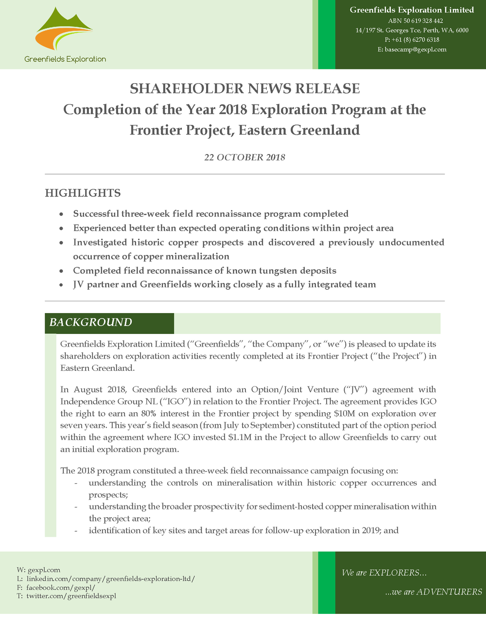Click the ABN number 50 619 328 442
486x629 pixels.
click(416, 21)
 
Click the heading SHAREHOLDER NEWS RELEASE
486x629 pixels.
click(244, 88)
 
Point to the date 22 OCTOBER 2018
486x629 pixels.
click(244, 157)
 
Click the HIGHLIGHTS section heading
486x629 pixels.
click(83, 193)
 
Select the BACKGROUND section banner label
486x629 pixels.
click(91, 323)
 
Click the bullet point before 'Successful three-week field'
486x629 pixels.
click(61, 214)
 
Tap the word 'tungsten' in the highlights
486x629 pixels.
click(273, 271)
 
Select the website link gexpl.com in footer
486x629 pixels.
click(44, 570)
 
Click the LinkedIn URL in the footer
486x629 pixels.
click(110, 578)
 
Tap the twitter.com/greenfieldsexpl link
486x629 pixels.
click(71, 596)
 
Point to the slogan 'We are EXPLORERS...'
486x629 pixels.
click(384, 573)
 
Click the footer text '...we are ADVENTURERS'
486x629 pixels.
click(433, 592)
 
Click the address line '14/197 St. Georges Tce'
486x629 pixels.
click(412, 30)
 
